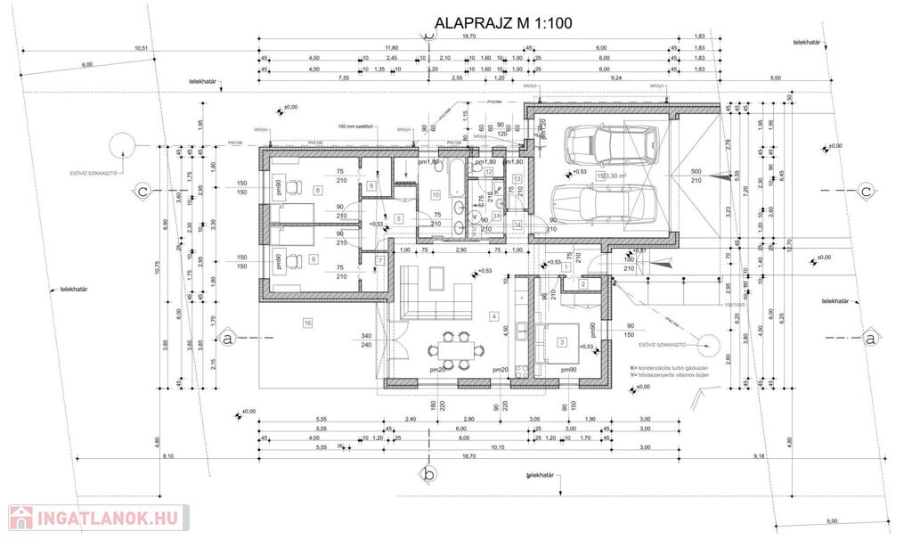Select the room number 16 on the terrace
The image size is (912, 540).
[307, 322]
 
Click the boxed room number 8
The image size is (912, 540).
[316, 190]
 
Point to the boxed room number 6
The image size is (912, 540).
[313, 259]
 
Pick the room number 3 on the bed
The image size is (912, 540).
[561, 341]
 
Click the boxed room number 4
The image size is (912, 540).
[493, 315]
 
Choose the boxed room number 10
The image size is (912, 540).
[436, 193]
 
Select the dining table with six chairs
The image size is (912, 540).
[451, 347]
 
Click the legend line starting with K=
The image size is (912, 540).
[669, 367]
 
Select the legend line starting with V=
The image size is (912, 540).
[669, 375]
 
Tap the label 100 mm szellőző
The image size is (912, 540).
[360, 127]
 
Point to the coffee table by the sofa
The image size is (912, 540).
[437, 277]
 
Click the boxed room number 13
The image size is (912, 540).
[517, 179]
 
